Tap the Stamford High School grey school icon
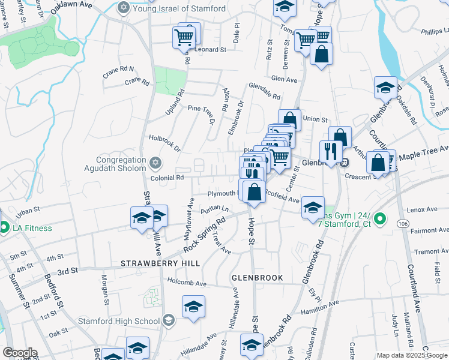click(169, 321)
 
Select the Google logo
click(20, 353)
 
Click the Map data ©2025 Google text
click(412, 355)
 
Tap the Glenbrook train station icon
click(345, 162)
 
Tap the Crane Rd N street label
click(119, 70)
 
